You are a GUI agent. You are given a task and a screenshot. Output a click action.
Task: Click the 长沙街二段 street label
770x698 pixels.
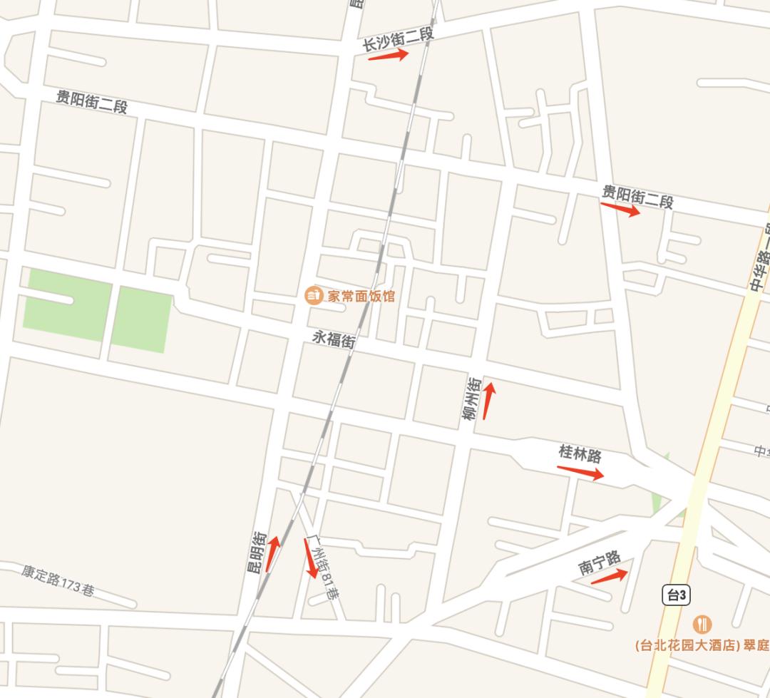[x=397, y=39]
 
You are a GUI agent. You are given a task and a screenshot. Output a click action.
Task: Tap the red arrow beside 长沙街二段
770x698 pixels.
[x=388, y=55]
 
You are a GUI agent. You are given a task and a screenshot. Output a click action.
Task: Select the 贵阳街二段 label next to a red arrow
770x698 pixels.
[x=637, y=196]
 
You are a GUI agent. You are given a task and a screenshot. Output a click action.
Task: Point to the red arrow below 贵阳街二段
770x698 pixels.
[x=620, y=209]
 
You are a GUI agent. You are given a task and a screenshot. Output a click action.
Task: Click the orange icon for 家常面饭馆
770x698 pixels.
[x=313, y=294]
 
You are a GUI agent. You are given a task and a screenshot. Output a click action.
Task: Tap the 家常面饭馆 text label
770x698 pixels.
[x=360, y=296]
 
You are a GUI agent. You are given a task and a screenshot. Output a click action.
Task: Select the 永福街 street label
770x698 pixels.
[x=333, y=339]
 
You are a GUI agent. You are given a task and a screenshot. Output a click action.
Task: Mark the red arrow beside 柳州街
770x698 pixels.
[x=488, y=400]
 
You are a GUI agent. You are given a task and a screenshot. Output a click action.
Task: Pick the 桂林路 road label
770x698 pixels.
[x=580, y=453]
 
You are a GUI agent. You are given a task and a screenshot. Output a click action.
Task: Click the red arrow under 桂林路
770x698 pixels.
[x=580, y=472]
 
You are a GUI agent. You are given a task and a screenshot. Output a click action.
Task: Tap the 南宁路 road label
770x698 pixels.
[x=600, y=563]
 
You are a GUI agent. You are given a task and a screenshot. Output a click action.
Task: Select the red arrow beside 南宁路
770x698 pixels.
[x=610, y=576]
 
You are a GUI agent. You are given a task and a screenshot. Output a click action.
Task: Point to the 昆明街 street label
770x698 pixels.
[x=256, y=553]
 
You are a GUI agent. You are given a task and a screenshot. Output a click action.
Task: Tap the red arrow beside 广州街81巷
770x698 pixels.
[x=311, y=558]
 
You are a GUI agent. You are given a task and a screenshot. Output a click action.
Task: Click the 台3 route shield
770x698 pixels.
[x=676, y=595]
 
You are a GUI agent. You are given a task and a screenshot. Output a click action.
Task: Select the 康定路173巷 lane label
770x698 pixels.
[x=58, y=580]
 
